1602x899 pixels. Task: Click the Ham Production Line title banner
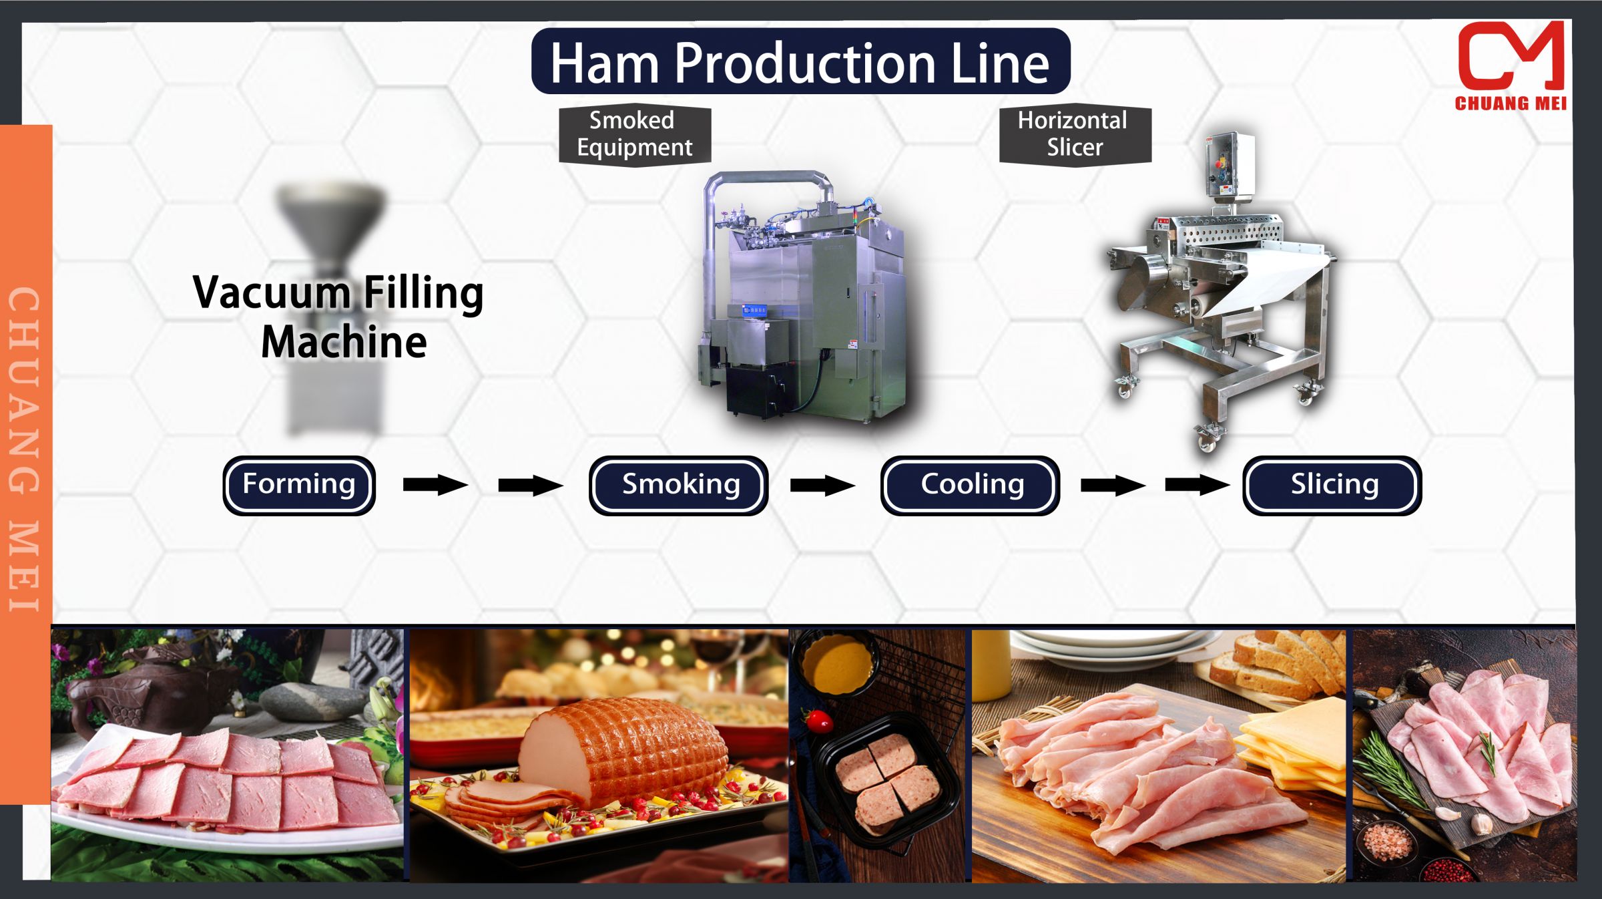tap(800, 61)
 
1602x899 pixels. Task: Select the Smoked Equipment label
tap(634, 134)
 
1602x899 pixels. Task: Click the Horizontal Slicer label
tap(1074, 134)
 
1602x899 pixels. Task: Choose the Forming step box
tap(299, 485)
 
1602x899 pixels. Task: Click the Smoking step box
tap(678, 485)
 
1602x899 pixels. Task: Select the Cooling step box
tap(970, 485)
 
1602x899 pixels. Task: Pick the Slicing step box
tap(1332, 485)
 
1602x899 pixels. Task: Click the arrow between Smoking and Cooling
tap(822, 485)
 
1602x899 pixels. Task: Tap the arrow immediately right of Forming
tap(435, 485)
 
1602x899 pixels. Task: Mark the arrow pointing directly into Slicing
tap(1197, 485)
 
